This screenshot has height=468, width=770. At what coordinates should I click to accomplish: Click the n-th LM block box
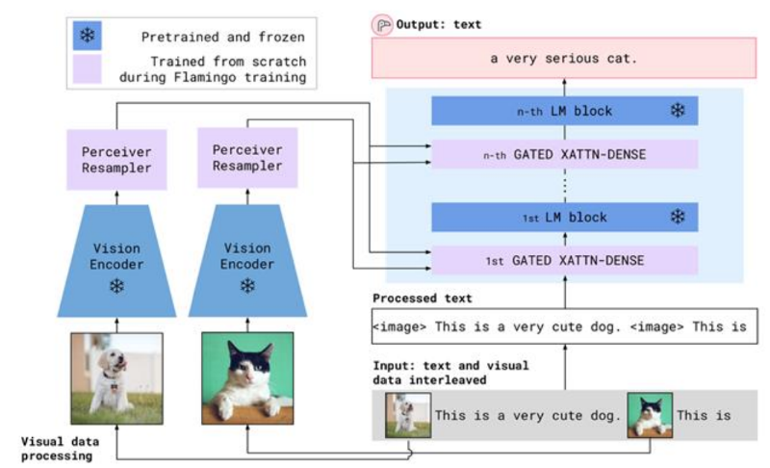(x=565, y=111)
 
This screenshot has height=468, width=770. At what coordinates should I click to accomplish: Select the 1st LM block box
(x=565, y=217)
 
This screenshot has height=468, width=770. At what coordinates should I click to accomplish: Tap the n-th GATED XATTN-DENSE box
(x=565, y=154)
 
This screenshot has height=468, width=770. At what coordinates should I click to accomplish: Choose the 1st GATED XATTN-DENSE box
(x=565, y=260)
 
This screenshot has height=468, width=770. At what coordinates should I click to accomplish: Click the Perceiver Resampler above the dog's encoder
(x=116, y=160)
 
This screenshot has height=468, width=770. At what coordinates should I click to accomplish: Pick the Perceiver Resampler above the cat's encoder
(x=247, y=158)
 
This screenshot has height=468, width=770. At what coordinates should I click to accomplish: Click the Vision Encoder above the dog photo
(x=116, y=261)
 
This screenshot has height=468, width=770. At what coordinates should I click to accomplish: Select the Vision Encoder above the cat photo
(x=247, y=261)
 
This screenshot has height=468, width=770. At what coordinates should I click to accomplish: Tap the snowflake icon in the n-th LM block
(x=678, y=110)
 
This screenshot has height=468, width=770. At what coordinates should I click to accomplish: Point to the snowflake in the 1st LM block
(x=678, y=217)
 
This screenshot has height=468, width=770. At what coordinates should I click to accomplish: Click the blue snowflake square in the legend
(x=88, y=36)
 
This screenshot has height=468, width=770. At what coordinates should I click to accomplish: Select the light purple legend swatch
(x=88, y=68)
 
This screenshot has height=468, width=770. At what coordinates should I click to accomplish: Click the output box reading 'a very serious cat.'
(x=564, y=58)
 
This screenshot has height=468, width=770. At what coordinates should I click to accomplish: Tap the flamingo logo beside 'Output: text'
(x=382, y=25)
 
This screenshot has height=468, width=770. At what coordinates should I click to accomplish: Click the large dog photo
(x=116, y=378)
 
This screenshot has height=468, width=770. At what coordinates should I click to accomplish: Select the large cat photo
(x=247, y=378)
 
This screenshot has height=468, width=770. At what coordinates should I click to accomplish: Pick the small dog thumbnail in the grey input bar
(x=408, y=415)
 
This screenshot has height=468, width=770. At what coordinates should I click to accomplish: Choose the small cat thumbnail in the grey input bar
(x=651, y=415)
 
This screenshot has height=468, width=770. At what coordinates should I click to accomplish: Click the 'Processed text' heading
(x=423, y=299)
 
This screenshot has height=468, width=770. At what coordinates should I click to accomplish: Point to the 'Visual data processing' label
(x=60, y=449)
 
